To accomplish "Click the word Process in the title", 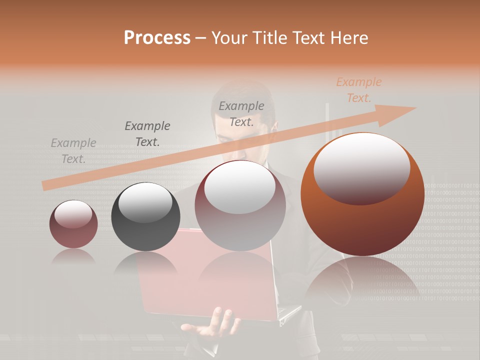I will (x=157, y=38).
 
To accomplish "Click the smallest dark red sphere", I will (x=73, y=224).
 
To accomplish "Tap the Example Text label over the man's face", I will (x=241, y=113).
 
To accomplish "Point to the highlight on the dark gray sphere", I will (x=145, y=201).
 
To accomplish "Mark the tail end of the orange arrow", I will (x=45, y=186).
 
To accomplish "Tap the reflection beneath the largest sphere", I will (x=362, y=280).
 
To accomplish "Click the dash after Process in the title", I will (x=201, y=38).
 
